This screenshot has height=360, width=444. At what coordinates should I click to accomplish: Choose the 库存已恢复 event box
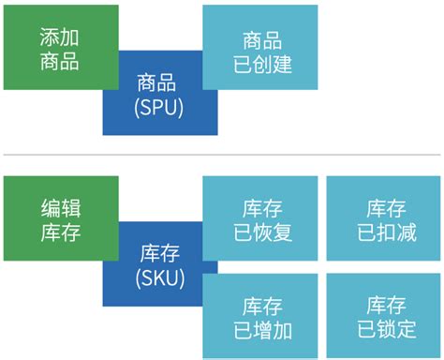point(260,219)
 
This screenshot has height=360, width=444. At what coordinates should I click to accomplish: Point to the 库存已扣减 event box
point(384,219)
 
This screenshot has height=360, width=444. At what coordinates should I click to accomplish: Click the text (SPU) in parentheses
point(159,107)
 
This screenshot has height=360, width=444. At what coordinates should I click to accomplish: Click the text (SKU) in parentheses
point(159,278)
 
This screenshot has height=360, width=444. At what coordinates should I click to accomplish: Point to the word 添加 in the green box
point(61,36)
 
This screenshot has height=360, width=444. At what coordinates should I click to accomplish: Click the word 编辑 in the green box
point(61,207)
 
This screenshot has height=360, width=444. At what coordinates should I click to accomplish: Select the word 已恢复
point(262,232)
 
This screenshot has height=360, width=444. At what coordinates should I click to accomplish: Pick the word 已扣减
point(386,232)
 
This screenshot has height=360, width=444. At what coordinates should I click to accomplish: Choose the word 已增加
point(262,329)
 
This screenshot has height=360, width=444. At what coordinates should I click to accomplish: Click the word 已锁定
point(386,329)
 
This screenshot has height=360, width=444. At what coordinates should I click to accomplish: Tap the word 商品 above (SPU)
point(155,83)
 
